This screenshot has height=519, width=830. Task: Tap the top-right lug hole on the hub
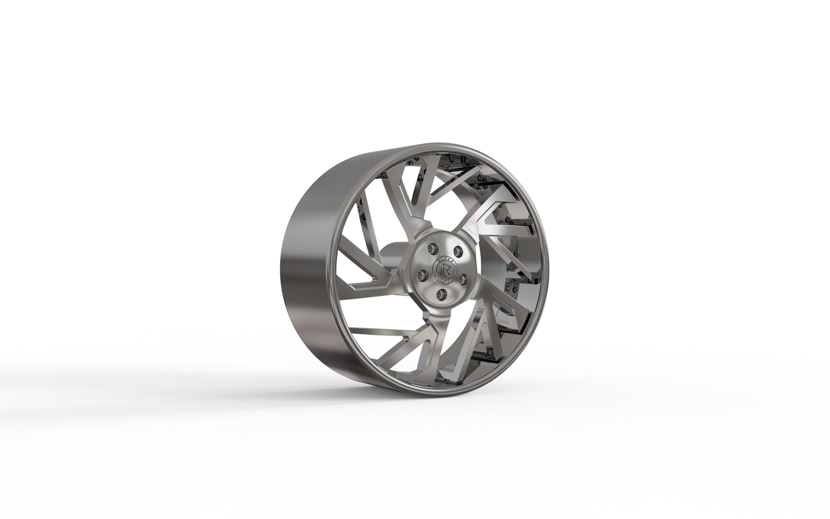(458, 251)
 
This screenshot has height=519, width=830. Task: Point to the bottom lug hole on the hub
(441, 294)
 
